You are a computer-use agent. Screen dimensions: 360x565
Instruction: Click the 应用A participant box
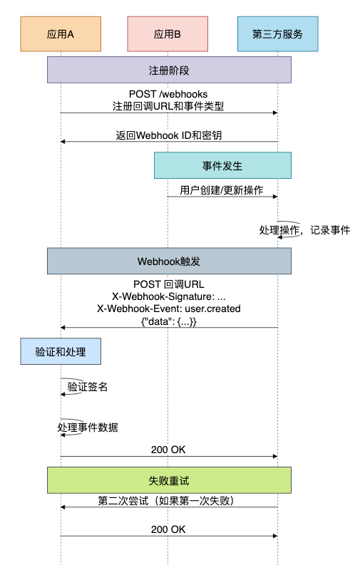coord(61,34)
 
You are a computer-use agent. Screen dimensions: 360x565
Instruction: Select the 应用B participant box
coord(168,34)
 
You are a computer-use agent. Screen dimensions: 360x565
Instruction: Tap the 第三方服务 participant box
coord(278,34)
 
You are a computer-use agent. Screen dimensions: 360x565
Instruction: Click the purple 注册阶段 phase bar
coord(169,70)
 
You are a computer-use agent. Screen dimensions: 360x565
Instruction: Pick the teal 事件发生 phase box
coord(222,165)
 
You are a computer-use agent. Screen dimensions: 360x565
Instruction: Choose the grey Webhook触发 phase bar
coord(169,261)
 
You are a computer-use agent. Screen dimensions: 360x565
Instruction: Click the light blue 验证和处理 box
coord(61,351)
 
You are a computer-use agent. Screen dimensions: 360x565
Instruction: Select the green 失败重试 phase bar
coord(169,480)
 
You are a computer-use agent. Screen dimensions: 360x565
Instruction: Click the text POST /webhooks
coord(168,94)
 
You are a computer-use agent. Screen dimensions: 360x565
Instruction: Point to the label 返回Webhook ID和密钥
coord(169,135)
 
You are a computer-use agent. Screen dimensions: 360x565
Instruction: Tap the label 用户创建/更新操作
coord(222,190)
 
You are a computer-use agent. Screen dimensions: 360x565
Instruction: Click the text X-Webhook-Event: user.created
coord(169,309)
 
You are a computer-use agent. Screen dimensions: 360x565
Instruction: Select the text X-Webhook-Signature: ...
coord(163,296)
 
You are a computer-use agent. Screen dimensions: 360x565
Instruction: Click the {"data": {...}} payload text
coord(169,321)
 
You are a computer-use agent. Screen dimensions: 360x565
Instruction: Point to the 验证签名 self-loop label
coord(88,387)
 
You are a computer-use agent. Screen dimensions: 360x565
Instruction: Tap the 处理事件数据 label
coord(88,427)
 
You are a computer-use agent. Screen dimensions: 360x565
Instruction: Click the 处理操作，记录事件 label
coord(304,230)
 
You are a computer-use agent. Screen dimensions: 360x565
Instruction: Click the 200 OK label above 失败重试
coord(168,450)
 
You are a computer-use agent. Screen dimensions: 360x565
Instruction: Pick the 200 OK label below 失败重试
coord(168,529)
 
